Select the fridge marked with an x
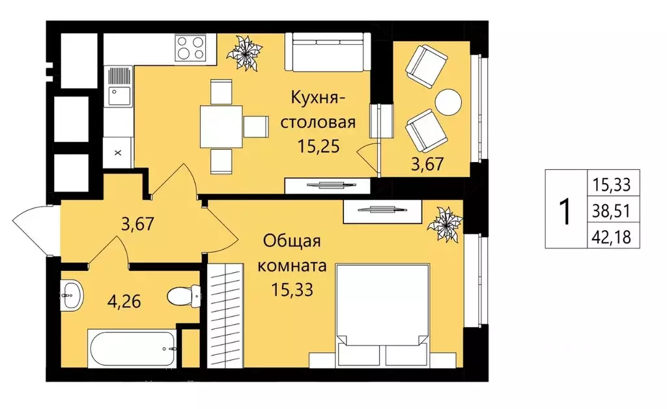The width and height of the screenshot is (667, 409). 118,153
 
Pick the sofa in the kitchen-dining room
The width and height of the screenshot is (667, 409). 329,53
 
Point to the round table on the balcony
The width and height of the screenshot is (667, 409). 448,102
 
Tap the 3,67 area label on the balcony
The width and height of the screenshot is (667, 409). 428,164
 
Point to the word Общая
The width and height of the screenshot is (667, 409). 292,241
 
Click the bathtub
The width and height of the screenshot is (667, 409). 132,348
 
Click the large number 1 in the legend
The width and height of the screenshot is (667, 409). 565,210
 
